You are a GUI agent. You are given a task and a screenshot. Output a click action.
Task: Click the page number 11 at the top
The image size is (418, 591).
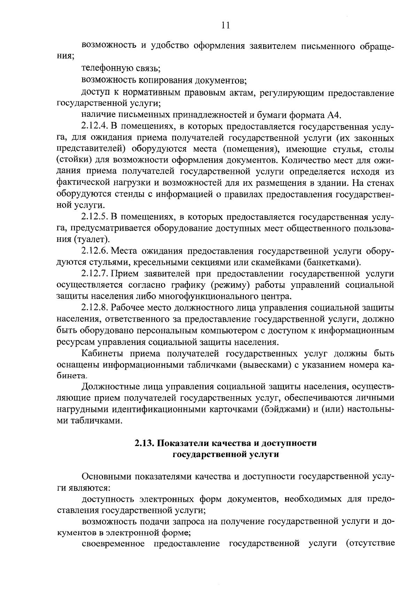pos(225,25)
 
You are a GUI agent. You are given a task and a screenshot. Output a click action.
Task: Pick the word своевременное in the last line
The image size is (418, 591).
pos(113,544)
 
